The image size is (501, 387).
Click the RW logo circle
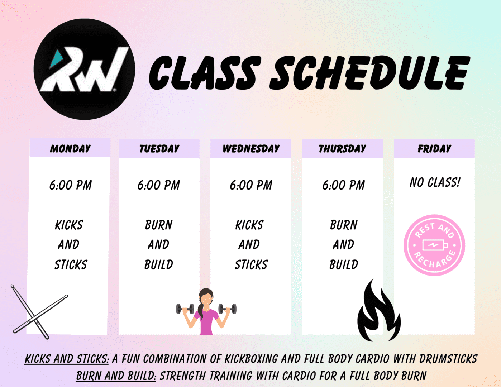tap(84, 69)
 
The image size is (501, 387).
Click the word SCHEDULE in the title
tap(369, 73)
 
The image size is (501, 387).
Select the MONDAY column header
tap(70, 148)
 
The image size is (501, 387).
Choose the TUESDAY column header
tap(159, 148)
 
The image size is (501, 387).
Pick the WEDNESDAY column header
tap(251, 148)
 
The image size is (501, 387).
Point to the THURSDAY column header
tap(342, 148)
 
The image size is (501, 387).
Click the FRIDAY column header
tap(434, 148)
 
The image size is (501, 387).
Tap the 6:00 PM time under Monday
tap(70, 185)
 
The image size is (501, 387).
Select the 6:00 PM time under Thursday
tap(343, 185)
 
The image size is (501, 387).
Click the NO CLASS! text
tap(435, 182)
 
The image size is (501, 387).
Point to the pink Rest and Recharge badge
tap(434, 245)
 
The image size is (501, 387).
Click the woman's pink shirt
tap(207, 321)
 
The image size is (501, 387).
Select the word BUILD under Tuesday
tap(159, 264)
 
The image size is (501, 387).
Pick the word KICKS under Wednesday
tap(249, 225)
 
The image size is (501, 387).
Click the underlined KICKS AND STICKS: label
tap(67, 359)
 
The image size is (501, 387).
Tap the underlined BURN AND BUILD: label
tap(116, 376)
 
